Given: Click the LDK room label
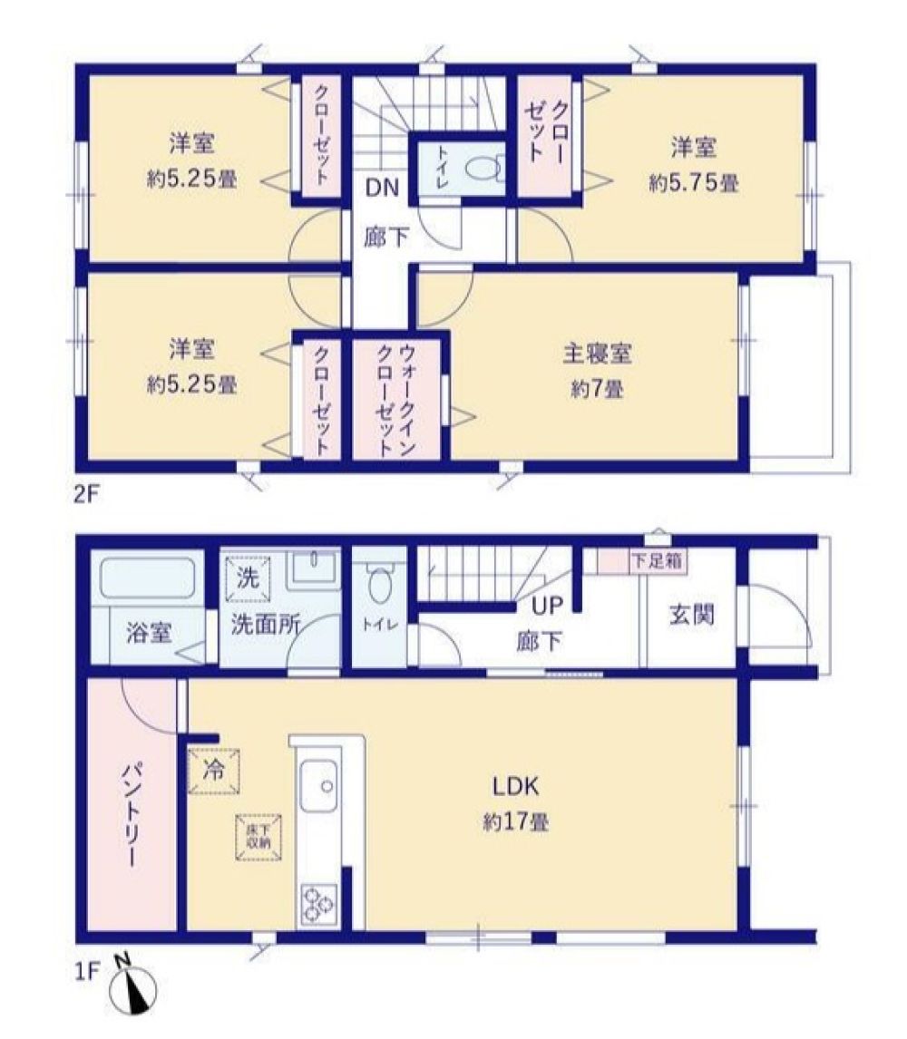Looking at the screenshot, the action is click(515, 787).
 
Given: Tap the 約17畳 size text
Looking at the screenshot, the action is click(516, 823).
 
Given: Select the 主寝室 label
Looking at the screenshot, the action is click(597, 354).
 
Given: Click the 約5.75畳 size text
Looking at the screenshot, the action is click(694, 183).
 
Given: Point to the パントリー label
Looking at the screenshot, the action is click(132, 814).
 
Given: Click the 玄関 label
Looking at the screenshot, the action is click(691, 615).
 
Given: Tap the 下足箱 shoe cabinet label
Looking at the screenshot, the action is click(657, 561).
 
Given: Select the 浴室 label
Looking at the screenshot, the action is click(149, 634).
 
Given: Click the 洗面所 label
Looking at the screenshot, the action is click(265, 624).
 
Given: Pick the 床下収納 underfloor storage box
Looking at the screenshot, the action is click(258, 838).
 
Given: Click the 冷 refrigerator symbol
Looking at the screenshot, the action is click(213, 771).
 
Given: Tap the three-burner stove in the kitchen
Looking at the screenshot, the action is click(319, 905).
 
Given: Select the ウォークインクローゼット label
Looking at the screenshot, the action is click(395, 400).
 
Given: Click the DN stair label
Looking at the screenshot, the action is click(383, 188).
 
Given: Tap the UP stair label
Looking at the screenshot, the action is click(548, 605).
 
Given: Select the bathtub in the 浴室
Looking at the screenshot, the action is click(147, 578).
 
